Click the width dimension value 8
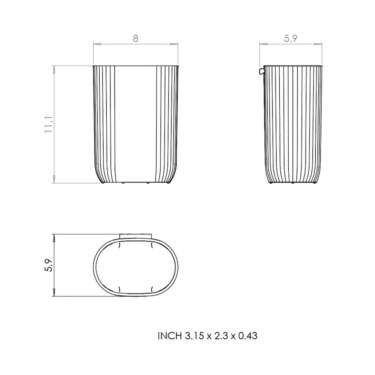click(136, 38)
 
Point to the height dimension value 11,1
click(49, 125)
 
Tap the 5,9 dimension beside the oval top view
click(49, 265)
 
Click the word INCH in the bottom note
click(170, 336)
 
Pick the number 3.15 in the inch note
click(194, 336)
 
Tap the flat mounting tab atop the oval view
click(135, 236)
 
